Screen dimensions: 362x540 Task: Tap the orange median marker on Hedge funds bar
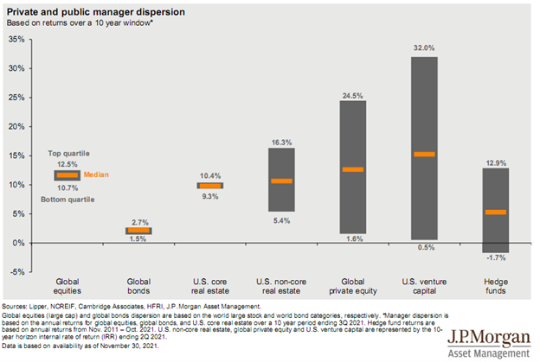click(495, 212)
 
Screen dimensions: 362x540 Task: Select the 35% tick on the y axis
click(16, 39)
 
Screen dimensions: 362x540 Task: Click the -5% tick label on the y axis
click(16, 272)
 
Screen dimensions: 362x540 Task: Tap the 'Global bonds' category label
click(138, 285)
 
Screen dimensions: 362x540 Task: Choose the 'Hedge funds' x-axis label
click(495, 285)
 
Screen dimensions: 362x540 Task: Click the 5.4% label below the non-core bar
click(281, 220)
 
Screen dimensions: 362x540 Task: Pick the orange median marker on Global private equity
click(352, 169)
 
